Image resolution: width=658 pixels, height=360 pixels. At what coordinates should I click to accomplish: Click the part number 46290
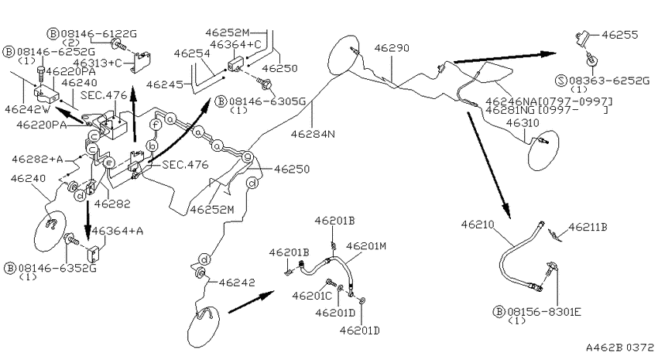pyautogui.click(x=392, y=48)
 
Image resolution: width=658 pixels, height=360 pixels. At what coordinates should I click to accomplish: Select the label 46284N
pyautogui.click(x=313, y=134)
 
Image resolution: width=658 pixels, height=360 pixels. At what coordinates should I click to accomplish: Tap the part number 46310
pyautogui.click(x=523, y=123)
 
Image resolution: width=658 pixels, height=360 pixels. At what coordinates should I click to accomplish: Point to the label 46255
pyautogui.click(x=620, y=35)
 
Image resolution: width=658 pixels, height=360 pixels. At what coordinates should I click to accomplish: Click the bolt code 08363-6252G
pyautogui.click(x=608, y=81)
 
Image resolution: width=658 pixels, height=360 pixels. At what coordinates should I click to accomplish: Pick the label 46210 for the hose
pyautogui.click(x=478, y=225)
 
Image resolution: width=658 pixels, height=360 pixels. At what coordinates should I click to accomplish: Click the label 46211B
pyautogui.click(x=588, y=227)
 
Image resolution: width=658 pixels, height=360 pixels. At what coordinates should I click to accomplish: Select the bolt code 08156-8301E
pyautogui.click(x=544, y=312)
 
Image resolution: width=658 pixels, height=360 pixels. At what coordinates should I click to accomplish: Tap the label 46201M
pyautogui.click(x=366, y=245)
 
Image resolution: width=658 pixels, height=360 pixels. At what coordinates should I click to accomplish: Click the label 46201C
pyautogui.click(x=312, y=296)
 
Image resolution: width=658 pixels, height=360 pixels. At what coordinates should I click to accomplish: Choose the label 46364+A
pyautogui.click(x=118, y=231)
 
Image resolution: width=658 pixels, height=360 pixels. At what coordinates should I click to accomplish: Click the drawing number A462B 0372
pyautogui.click(x=620, y=348)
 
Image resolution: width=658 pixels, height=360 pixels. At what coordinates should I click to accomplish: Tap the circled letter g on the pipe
pyautogui.click(x=248, y=157)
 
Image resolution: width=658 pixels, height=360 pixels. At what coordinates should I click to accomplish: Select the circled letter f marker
pyautogui.click(x=156, y=125)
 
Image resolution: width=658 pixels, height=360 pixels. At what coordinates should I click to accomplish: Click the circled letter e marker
pyautogui.click(x=108, y=163)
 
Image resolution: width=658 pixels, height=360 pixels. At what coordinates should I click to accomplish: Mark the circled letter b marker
pyautogui.click(x=152, y=146)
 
